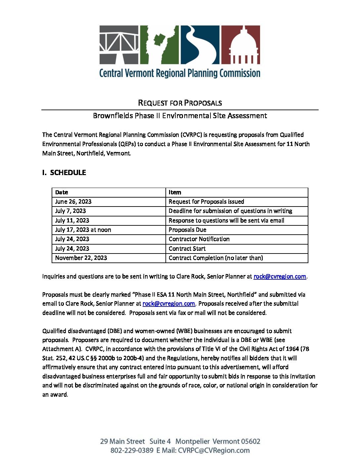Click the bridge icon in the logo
(119, 45)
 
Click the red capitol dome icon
(241, 45)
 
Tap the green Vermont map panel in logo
(159, 45)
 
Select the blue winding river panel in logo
(200, 45)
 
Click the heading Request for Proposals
(180, 103)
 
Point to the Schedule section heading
(64, 172)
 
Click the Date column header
(62, 192)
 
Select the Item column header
(175, 192)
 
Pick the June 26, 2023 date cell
(73, 202)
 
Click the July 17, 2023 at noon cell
(83, 230)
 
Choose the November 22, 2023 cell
(81, 258)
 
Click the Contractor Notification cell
(199, 239)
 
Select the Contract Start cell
(187, 249)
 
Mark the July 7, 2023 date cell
(70, 211)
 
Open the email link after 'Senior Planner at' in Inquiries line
(280, 276)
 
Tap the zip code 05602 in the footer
(250, 441)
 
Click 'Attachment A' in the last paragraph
(62, 349)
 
